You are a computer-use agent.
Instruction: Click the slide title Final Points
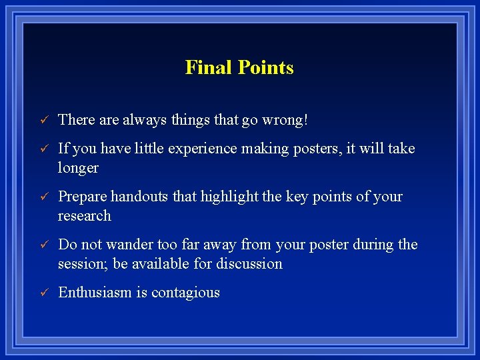coord(239,67)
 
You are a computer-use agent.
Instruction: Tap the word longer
coord(78,168)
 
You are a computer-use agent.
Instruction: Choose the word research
coord(85,216)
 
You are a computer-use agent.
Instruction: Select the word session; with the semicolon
coord(83,264)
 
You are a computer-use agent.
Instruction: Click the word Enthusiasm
coord(95,293)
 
